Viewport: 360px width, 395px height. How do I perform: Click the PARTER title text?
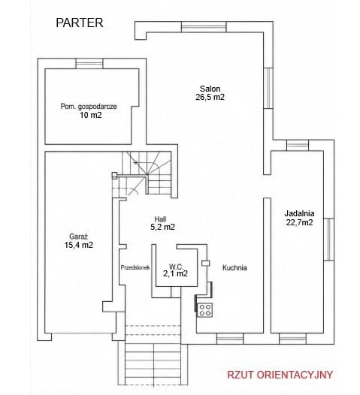80,23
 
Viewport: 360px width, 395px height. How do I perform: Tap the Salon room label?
210,89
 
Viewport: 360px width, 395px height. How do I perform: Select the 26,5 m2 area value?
210,97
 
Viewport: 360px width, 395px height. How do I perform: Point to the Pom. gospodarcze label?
89,107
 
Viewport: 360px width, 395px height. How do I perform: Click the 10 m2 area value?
91,116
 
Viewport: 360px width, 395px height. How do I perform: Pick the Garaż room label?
78,237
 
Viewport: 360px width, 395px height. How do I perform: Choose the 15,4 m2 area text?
79,245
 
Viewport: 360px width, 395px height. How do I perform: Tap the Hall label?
160,219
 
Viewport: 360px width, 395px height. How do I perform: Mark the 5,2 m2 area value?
162,227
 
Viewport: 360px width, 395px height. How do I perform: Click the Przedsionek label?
135,267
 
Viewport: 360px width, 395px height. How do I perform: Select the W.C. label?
176,267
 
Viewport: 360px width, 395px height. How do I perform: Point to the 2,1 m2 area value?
175,273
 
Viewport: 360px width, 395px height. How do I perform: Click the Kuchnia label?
234,268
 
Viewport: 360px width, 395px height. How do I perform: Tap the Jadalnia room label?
299,213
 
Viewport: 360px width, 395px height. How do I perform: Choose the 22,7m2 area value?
299,222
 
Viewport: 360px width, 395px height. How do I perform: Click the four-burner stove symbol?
204,310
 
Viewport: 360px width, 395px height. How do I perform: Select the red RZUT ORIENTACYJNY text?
280,375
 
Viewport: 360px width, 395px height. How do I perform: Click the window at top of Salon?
204,27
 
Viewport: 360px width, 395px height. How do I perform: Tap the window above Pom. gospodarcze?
89,64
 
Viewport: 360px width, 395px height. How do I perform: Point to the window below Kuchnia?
230,339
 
